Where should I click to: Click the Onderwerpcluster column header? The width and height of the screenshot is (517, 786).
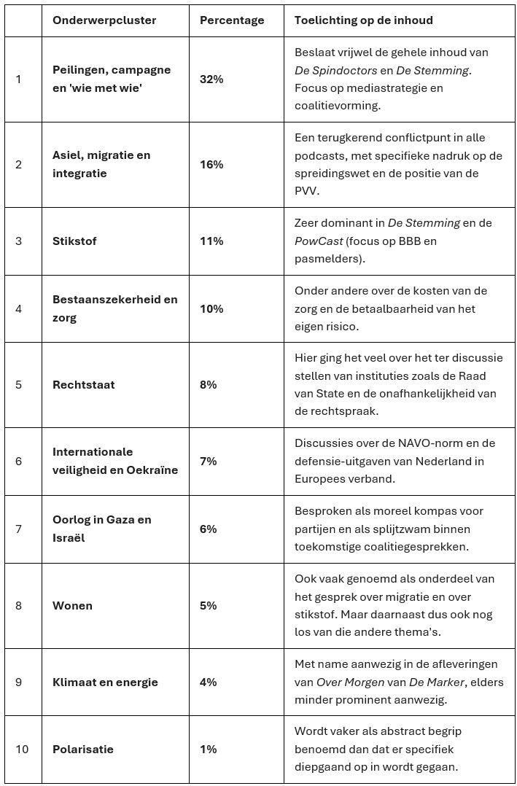(x=104, y=20)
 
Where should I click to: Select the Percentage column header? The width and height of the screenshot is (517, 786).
(x=232, y=20)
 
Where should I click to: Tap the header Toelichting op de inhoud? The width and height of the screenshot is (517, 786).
(x=363, y=20)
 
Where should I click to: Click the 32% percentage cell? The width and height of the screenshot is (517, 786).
(x=211, y=79)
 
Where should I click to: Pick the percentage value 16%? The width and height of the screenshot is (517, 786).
(x=211, y=164)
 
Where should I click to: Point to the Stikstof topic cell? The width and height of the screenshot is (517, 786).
(x=74, y=241)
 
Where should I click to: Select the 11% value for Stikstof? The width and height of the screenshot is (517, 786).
(x=211, y=241)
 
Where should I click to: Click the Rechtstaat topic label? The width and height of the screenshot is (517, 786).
(x=83, y=384)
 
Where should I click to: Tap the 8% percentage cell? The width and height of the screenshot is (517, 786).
(x=209, y=384)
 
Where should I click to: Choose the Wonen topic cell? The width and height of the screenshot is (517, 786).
(x=72, y=605)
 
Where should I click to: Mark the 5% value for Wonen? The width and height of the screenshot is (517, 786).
(x=209, y=605)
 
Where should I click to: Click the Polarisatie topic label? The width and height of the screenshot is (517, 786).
(x=82, y=749)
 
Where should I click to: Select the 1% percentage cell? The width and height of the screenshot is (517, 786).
(x=208, y=749)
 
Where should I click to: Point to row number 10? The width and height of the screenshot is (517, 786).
(x=22, y=749)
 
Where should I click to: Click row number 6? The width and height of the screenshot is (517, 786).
(x=19, y=461)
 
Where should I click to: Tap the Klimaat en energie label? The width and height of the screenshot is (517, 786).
(x=105, y=682)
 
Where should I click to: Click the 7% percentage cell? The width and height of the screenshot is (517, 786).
(x=209, y=461)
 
